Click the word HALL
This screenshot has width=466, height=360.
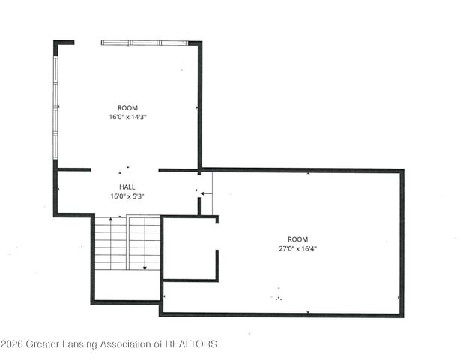click(x=127, y=187)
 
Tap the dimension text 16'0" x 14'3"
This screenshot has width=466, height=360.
click(x=127, y=117)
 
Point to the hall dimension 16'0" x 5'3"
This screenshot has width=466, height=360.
click(x=127, y=196)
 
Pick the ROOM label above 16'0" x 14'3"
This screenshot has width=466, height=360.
click(x=127, y=108)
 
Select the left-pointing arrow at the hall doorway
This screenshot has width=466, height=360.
click(x=206, y=193)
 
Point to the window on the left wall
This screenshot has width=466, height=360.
click(x=55, y=106)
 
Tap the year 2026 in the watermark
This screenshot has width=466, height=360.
click(x=12, y=344)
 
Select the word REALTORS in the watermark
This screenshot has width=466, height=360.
click(x=191, y=344)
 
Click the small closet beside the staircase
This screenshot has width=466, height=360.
click(x=189, y=250)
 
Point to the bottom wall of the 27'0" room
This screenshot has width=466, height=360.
click(x=282, y=314)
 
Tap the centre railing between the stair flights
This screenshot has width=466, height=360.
click(x=127, y=244)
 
